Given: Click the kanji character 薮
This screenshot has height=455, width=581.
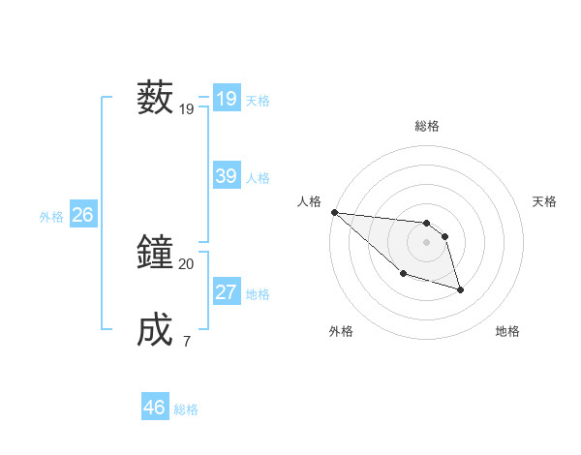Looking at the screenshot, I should point(155,98).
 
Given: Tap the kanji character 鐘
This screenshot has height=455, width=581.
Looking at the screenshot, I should point(155,254).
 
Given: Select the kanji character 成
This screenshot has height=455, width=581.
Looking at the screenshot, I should point(155,330).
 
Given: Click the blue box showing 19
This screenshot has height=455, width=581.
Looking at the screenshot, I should point(226,99).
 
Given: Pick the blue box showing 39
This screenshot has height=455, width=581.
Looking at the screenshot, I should point(226,176).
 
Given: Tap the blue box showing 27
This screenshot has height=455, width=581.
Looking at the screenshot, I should point(226,292).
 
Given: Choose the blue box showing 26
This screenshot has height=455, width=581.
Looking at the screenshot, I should point(82,215).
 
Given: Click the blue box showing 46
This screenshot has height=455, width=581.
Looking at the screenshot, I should point(154,408).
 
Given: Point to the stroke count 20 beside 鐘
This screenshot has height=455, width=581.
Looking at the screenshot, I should point(187,263).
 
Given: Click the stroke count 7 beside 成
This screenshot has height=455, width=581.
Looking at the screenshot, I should point(187,341).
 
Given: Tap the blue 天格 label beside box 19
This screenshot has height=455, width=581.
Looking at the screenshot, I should point(258,101).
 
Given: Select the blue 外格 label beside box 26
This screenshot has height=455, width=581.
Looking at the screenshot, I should point(51,217).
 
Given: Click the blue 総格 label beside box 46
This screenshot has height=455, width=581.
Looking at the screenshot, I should point(186,409).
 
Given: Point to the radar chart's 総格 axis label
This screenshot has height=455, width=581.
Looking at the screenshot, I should point(426,126).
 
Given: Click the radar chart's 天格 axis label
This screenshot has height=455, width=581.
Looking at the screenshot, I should point(545,201).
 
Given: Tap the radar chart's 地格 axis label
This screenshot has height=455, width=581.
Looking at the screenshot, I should point(507,331).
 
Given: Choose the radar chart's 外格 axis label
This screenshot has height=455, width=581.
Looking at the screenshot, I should point(340,331).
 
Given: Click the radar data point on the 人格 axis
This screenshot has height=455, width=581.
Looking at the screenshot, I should point(334,212).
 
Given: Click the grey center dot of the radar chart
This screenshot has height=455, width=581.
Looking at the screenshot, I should point(426,242).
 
